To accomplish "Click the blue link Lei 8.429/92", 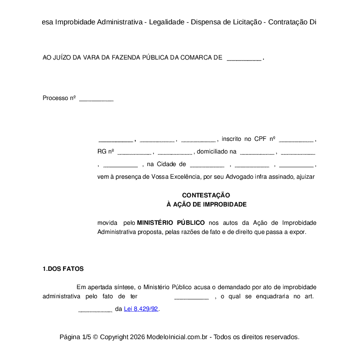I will point(141,309).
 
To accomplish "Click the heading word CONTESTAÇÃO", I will point(206,195).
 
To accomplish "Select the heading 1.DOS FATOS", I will point(63,269).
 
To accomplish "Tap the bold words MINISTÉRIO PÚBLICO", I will point(171,223).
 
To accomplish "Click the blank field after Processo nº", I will point(96,99).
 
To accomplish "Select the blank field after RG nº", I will point(134,152).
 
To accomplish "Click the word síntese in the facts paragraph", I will point(123,287).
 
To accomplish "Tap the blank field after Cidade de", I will point(207,164).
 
